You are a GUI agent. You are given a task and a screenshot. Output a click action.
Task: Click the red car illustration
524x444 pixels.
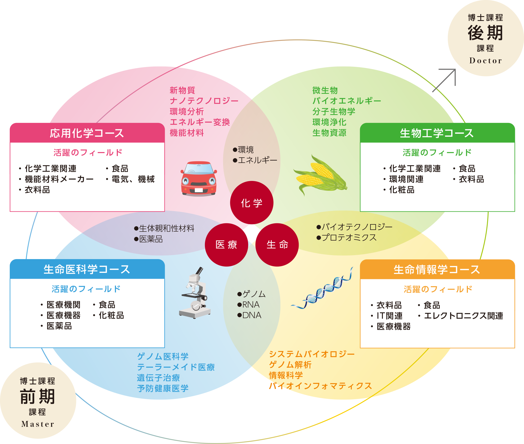(199, 179)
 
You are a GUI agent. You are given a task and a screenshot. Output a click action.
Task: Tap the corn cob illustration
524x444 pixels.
(319, 175)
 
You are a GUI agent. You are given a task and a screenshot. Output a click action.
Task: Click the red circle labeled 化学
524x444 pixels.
(252, 203)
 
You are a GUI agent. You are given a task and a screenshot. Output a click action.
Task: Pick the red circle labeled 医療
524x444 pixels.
(226, 245)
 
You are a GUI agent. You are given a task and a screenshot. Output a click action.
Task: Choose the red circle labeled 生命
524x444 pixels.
(277, 245)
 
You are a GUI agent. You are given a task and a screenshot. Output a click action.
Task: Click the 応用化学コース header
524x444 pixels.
(87, 133)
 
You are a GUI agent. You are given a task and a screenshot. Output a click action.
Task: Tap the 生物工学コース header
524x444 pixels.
(437, 133)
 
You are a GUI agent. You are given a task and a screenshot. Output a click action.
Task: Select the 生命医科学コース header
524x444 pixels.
(87, 269)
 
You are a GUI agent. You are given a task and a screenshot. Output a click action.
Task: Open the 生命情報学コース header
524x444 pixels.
(437, 270)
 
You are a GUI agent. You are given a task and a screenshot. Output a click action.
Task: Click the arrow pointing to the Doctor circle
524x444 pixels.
(445, 79)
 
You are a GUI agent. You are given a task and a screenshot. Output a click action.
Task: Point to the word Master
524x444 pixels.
(38, 424)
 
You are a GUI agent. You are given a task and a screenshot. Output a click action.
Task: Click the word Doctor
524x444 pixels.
(486, 61)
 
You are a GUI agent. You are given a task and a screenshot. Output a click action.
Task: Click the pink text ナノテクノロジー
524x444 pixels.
(204, 101)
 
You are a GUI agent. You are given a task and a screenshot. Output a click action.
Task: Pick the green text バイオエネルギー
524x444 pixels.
(347, 101)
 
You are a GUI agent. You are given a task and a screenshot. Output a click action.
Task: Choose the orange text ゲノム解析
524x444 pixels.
(290, 365)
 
